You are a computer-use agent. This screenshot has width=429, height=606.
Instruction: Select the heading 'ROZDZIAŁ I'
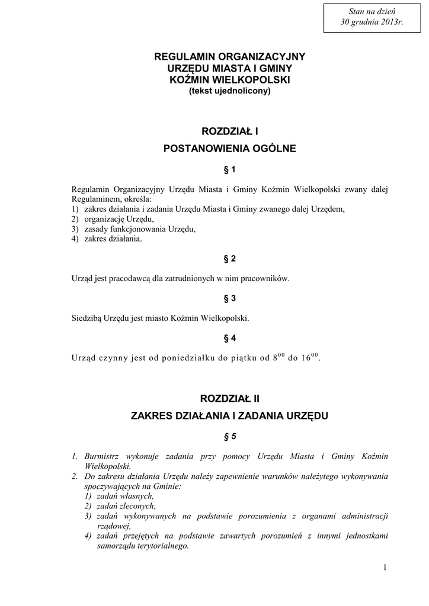[x=230, y=130]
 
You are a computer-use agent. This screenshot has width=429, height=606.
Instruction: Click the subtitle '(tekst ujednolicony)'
[x=230, y=91]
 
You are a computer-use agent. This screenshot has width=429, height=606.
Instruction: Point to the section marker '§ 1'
[x=230, y=170]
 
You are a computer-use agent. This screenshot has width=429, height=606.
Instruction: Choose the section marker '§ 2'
[x=230, y=259]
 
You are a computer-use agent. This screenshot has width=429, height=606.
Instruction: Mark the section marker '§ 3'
[x=230, y=298]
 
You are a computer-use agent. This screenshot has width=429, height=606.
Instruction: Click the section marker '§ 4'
[x=230, y=338]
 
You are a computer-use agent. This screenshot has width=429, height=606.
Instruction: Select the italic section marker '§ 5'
[x=230, y=437]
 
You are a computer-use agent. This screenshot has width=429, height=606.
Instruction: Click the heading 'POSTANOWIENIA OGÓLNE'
[x=229, y=149]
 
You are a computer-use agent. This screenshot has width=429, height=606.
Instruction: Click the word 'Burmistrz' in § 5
[x=101, y=456]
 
